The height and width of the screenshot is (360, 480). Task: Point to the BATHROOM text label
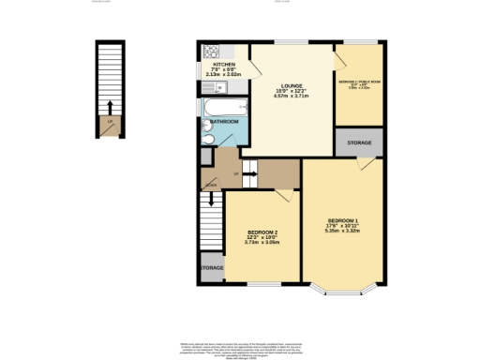pos(224,122)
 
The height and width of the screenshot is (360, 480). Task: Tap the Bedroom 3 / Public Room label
pos(359,82)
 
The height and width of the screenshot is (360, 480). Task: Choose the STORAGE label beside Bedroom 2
pos(212,268)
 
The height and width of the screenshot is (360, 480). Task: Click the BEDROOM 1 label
pos(342,220)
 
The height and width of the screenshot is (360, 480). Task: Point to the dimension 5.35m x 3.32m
pos(342,232)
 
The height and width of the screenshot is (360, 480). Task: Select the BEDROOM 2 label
pos(262,232)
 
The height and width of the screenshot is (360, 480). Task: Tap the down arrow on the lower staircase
pos(211,200)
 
